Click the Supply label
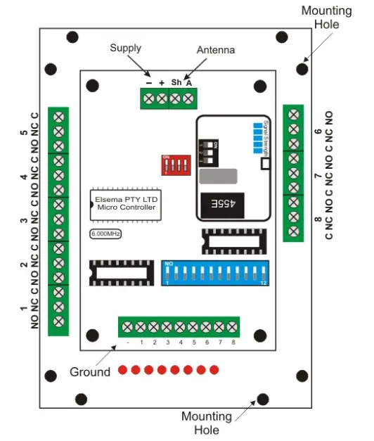click(x=126, y=49)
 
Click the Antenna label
click(x=215, y=51)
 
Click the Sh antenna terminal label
click(x=176, y=82)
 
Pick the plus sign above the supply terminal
click(x=162, y=82)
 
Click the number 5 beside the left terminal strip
click(x=24, y=133)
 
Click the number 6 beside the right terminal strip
click(x=318, y=132)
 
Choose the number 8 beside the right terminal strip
click(x=318, y=221)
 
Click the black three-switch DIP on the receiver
click(x=209, y=150)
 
